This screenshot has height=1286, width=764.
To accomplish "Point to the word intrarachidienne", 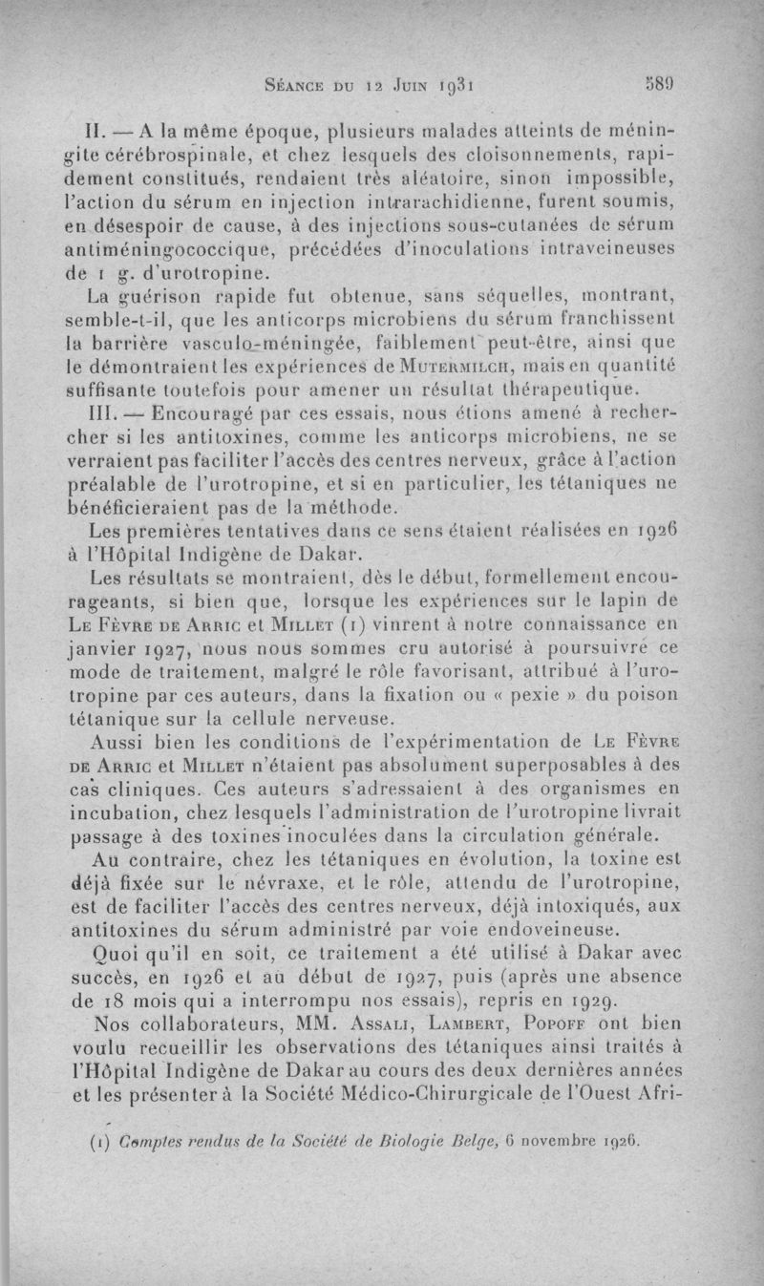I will pyautogui.click(x=442, y=201).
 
